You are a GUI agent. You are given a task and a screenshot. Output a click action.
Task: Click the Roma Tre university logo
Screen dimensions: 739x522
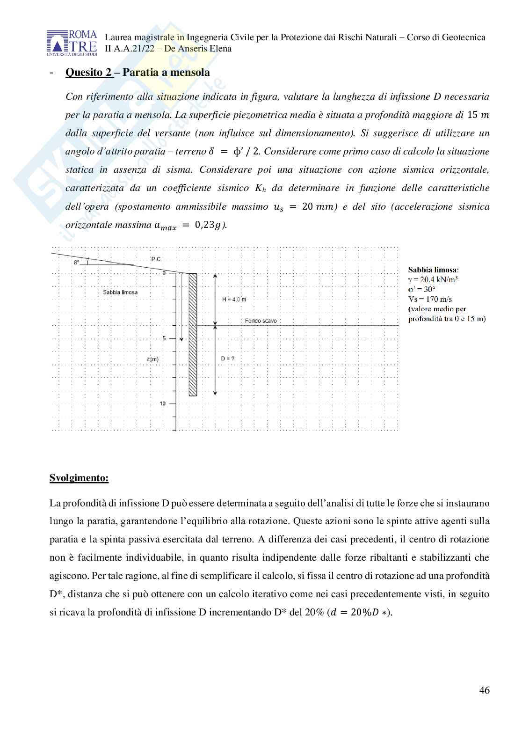coord(72,43)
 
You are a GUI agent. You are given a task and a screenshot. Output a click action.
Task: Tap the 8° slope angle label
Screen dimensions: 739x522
coord(76,263)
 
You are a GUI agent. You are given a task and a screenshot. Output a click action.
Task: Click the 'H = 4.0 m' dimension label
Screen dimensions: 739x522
coord(234,299)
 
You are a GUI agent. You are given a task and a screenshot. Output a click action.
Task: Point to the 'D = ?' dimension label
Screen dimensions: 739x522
coord(227,359)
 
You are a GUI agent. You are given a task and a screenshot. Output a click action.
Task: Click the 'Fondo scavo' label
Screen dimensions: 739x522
coord(261,321)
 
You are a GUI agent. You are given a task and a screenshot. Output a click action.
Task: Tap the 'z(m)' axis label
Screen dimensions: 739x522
coord(152,359)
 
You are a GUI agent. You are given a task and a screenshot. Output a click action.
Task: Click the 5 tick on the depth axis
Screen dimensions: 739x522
coord(164,338)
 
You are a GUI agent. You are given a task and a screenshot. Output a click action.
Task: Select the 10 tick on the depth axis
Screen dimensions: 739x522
coord(163,403)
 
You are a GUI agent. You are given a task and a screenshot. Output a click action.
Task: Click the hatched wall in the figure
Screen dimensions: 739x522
coord(193,335)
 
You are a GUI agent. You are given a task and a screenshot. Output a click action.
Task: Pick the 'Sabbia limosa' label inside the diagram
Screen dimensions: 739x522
coord(120,292)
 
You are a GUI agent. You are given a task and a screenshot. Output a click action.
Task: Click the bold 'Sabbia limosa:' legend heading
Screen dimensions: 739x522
coord(433,270)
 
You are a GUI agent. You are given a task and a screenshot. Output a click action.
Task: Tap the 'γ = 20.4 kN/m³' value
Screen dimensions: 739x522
coord(433,279)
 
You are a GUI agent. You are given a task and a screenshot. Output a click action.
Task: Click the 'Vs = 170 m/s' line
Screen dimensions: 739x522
coord(430,299)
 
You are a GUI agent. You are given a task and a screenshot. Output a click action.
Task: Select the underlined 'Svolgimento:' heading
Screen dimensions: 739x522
coord(79,478)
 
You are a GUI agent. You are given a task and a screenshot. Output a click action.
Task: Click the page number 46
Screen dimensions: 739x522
coord(484,690)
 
